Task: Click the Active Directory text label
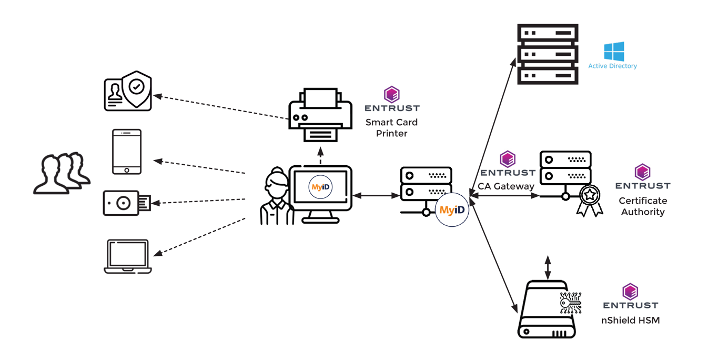coord(612,66)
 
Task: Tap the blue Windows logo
coord(614,52)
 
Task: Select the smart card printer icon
coord(320,115)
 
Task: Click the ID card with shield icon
coord(128,92)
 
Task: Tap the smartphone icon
coord(127,152)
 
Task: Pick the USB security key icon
coord(126,203)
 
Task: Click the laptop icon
coord(128,256)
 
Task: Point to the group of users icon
coord(62,173)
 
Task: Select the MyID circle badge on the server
coord(452,209)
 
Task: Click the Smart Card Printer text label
coord(392,128)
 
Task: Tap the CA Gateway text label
coord(506,186)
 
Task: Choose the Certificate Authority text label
coord(643,206)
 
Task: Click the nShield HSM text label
coord(630,320)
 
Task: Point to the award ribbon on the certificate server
coord(590,200)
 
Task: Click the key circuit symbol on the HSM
coord(570,302)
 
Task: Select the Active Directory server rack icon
coord(548,54)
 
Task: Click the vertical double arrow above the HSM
coord(548,267)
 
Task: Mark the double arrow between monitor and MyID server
coord(376,196)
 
